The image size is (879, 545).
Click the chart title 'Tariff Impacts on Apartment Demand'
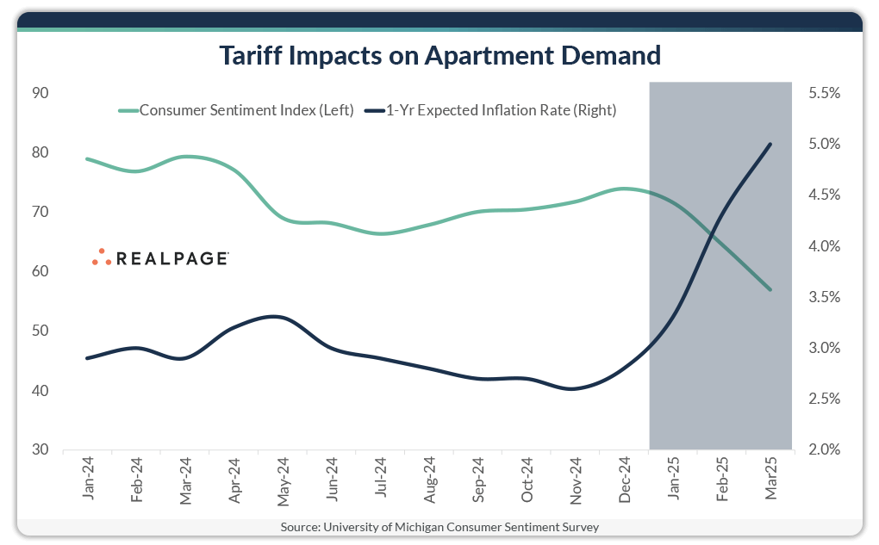[439, 56]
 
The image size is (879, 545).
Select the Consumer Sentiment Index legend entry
[236, 110]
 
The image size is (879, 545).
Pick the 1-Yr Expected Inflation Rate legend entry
[490, 110]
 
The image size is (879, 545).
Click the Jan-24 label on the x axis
[89, 478]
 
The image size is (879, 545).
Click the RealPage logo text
[171, 258]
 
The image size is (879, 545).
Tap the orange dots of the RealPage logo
[102, 257]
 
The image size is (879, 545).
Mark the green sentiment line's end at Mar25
[770, 289]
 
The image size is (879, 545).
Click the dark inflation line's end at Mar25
[770, 145]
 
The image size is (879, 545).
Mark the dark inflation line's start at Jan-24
[88, 358]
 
